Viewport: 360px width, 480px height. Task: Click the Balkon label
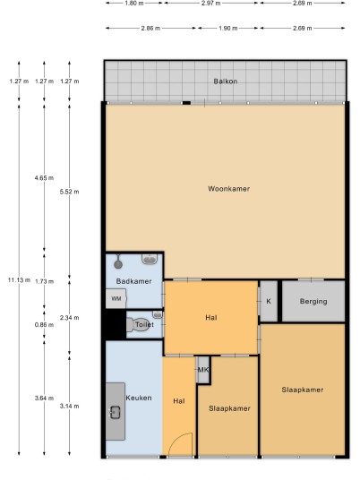[x=226, y=81]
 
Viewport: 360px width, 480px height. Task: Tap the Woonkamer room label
[x=228, y=189]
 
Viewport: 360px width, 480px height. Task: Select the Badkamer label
[x=133, y=281]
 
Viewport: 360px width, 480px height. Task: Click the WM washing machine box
[x=116, y=298]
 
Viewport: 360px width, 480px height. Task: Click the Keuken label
[x=139, y=398]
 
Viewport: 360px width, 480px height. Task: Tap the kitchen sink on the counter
[x=116, y=412]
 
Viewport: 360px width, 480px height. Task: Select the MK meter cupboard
[x=203, y=370]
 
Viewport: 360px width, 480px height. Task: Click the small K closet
[x=269, y=301]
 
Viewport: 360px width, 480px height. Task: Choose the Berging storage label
[x=313, y=301]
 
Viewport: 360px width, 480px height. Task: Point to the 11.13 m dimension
[x=19, y=279]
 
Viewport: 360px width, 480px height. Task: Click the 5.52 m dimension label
[x=70, y=192]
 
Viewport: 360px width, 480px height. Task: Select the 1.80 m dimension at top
[x=134, y=3]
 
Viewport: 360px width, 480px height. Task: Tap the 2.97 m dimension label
[x=211, y=3]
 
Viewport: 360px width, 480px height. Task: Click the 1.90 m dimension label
[x=228, y=28]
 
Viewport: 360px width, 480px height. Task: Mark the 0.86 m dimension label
[x=44, y=324]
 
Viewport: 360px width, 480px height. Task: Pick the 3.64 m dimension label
[x=44, y=399]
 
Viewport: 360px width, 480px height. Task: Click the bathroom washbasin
[x=150, y=260]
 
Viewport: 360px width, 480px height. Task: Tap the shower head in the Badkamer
[x=118, y=263]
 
